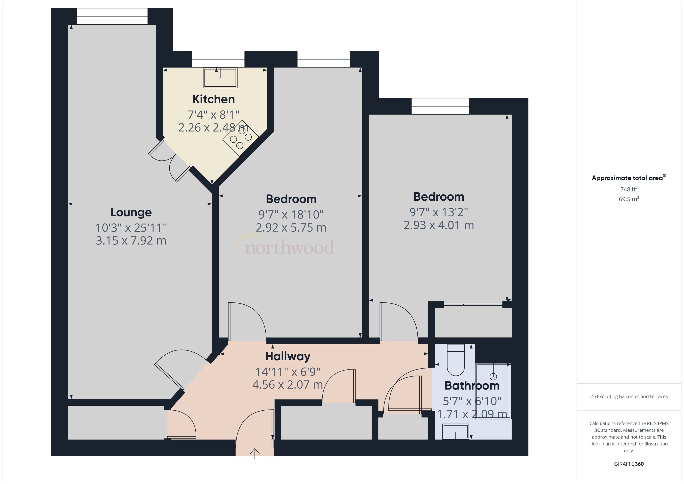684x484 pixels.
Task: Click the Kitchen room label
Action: (x=213, y=99)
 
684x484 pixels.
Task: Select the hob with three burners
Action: (x=241, y=138)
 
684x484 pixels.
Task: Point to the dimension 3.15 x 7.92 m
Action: (x=131, y=241)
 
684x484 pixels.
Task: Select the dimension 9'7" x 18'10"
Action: (x=291, y=214)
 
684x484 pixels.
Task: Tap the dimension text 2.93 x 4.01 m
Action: (x=438, y=225)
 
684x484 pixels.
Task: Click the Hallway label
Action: (x=288, y=356)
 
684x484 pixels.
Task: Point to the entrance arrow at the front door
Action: (x=254, y=453)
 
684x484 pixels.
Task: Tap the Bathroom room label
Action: (x=472, y=385)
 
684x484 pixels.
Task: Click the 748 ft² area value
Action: (x=628, y=189)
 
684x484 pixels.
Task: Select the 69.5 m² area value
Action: (x=628, y=199)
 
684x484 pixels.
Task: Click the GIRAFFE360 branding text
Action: (x=628, y=464)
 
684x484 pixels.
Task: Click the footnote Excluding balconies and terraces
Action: (x=628, y=396)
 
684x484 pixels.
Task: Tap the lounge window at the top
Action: (x=112, y=16)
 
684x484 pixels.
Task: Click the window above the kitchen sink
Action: (x=218, y=59)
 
